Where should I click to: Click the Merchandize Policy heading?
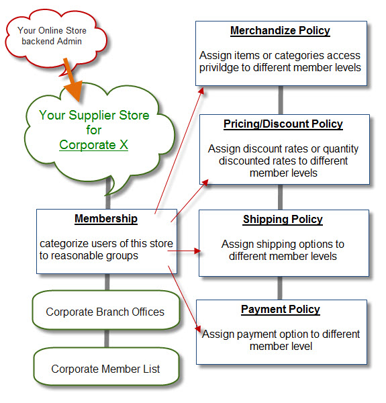tap(280, 31)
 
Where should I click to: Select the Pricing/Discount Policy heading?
tap(283, 124)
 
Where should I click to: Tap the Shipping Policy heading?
tap(283, 220)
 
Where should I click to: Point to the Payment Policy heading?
tap(281, 310)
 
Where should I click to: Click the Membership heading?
tap(105, 219)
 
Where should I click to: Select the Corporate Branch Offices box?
tap(105, 312)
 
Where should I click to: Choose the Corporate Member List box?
tap(105, 369)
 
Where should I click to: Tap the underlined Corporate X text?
tap(93, 144)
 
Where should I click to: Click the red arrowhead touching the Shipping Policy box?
tap(197, 251)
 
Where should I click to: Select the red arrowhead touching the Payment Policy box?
tap(198, 328)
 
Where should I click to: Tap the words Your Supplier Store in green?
tap(94, 115)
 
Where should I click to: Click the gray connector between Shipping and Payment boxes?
tap(280, 288)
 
